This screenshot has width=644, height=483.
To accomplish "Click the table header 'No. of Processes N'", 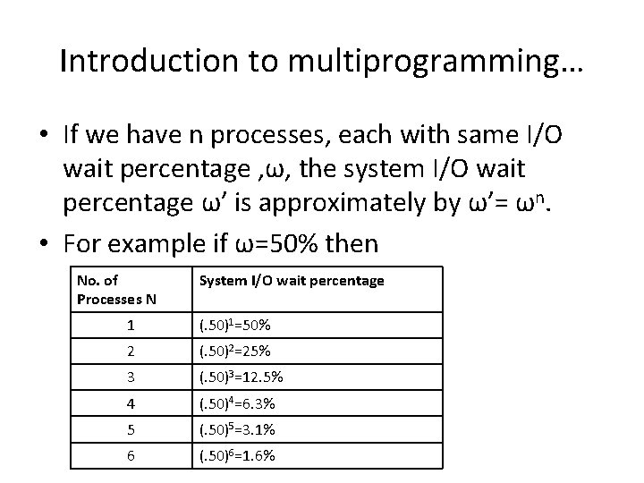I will tap(116, 290).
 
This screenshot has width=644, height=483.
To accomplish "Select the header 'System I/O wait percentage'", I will tap(292, 281).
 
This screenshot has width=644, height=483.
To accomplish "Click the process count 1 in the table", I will tap(131, 325).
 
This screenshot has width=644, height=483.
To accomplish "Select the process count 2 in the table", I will tap(131, 352).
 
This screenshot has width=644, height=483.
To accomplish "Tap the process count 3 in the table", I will tap(131, 377).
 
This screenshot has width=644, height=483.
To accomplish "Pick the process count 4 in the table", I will tap(131, 404).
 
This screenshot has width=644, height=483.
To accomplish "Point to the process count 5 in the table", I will tap(131, 430).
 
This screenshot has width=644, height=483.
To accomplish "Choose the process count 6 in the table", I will tap(131, 456).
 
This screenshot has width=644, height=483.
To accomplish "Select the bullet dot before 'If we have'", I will tap(44, 135).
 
